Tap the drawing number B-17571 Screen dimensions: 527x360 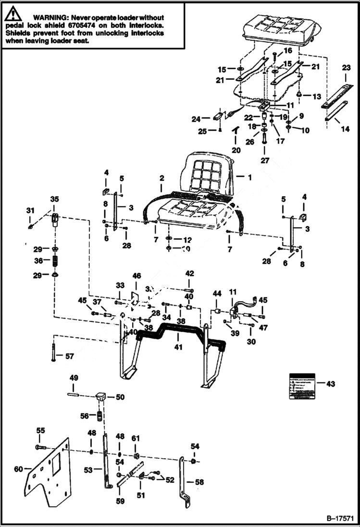pos(340,519)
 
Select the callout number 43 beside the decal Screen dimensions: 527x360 pos(330,384)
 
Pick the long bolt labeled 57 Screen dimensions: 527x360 pos(51,356)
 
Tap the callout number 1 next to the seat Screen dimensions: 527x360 pos(249,177)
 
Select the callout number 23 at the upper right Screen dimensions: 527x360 pos(347,68)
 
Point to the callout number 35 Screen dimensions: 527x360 pos(54,198)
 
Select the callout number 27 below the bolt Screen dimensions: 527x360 pos(265,160)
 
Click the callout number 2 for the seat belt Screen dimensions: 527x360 pos(162,177)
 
